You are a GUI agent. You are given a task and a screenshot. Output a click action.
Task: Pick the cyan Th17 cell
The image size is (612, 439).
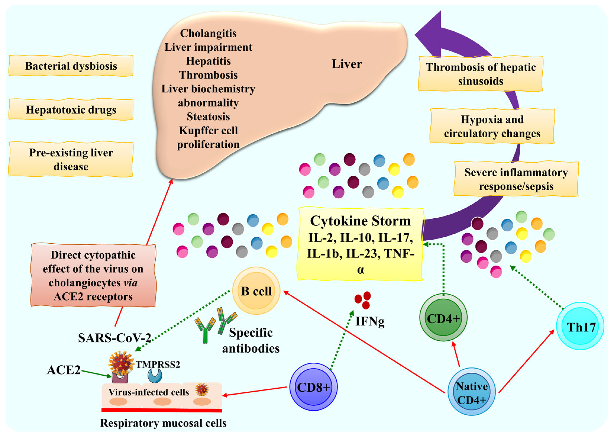pos(580,326)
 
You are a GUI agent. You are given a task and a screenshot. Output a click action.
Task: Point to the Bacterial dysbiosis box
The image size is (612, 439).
pos(71,66)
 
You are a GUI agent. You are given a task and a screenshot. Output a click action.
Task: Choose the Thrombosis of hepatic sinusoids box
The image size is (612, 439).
pos(481,74)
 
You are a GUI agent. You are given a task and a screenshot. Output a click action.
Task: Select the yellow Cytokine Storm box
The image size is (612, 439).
pos(360,244)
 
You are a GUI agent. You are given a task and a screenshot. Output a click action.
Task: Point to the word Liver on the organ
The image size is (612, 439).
pos(347,64)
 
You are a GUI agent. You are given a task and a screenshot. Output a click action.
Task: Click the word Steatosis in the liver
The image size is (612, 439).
pos(208,117)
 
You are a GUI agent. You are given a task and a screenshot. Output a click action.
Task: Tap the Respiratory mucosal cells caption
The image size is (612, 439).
pos(163,423)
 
